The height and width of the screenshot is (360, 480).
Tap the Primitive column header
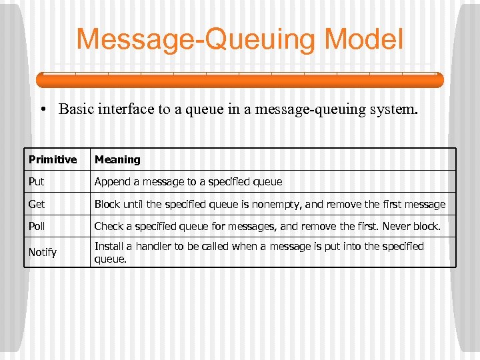click(x=53, y=159)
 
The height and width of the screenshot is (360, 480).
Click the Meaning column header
click(x=117, y=159)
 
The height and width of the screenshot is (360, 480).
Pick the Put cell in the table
click(x=37, y=181)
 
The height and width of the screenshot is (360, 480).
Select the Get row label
click(x=37, y=204)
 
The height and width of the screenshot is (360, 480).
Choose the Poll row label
click(x=37, y=226)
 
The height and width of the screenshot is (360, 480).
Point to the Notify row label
click(x=43, y=252)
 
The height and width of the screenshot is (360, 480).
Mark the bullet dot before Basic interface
click(x=47, y=109)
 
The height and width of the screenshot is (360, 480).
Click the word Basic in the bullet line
click(x=77, y=109)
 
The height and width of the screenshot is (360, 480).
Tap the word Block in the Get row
click(x=107, y=204)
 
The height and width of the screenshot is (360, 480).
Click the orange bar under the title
click(x=239, y=80)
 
